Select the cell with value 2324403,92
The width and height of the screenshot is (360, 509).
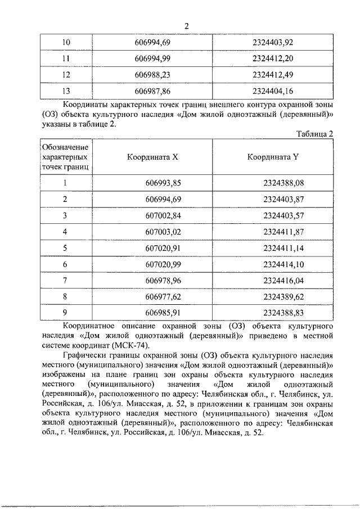pyautogui.click(x=273, y=43)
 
